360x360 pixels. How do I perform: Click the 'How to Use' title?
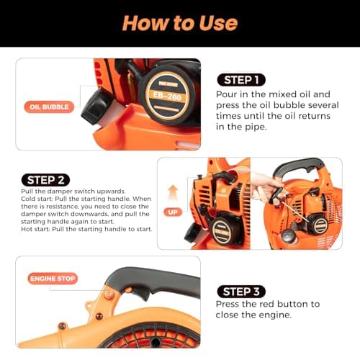pos(179,22)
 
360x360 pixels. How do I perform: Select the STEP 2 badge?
pos(45,179)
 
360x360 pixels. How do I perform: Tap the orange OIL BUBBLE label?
pos(48,107)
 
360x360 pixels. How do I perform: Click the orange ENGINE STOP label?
pos(53,278)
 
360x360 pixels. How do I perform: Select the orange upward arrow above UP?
pos(173,193)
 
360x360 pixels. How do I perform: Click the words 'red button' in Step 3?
pos(280,304)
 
